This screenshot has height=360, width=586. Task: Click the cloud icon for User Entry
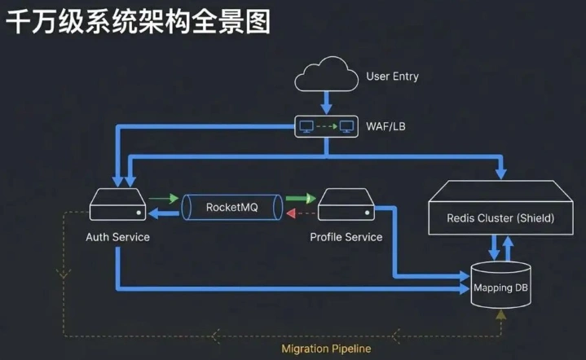pos(326,76)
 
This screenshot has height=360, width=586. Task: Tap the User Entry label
pos(392,77)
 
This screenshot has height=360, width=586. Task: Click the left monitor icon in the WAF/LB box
pos(306,127)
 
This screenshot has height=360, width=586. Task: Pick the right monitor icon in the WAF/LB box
pos(346,127)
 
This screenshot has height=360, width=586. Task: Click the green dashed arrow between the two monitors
pos(326,127)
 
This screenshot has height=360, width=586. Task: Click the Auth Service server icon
pos(117,204)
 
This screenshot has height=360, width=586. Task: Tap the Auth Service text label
pos(117,237)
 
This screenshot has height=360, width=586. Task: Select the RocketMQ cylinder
pos(232,207)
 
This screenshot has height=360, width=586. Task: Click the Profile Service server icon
pos(346,204)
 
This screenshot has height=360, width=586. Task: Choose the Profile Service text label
pos(346,237)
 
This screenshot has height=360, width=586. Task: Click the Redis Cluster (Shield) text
pos(500,218)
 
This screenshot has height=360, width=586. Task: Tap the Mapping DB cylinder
pos(500,286)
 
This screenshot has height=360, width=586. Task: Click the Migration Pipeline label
pos(326,349)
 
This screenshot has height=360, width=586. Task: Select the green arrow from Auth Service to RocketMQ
pos(164,198)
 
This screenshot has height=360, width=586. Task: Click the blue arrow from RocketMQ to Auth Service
pos(165,213)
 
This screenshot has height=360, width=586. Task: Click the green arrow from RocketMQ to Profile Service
pos(300,198)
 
